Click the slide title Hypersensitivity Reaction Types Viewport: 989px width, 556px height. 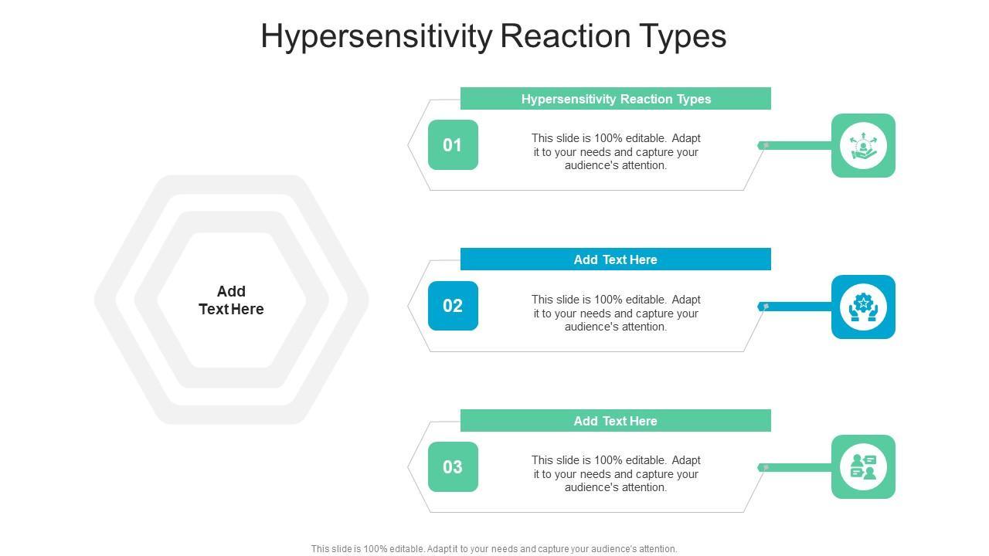pos(493,36)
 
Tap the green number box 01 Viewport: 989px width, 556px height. pos(453,144)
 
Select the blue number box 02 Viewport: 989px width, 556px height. pos(453,306)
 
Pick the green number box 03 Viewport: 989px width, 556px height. pos(453,467)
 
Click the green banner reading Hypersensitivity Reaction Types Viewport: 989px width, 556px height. pos(616,98)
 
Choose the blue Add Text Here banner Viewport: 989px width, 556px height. pos(616,259)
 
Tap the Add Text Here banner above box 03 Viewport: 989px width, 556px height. pos(616,421)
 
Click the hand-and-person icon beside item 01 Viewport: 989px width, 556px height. pos(863,146)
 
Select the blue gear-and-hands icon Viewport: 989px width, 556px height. pos(863,307)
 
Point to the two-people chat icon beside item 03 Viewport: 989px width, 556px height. pos(863,467)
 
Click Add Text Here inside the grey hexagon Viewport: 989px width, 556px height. pos(231,300)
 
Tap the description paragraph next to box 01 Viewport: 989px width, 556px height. pos(616,152)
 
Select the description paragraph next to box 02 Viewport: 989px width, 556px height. pos(616,313)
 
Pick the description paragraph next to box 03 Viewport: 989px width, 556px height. pos(616,473)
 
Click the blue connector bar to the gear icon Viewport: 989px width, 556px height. pos(795,307)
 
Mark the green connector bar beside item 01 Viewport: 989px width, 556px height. pos(795,145)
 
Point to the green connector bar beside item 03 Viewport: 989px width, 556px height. pos(795,467)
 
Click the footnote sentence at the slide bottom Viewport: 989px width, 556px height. pos(494,549)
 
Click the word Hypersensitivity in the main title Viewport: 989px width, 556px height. pos(376,36)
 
